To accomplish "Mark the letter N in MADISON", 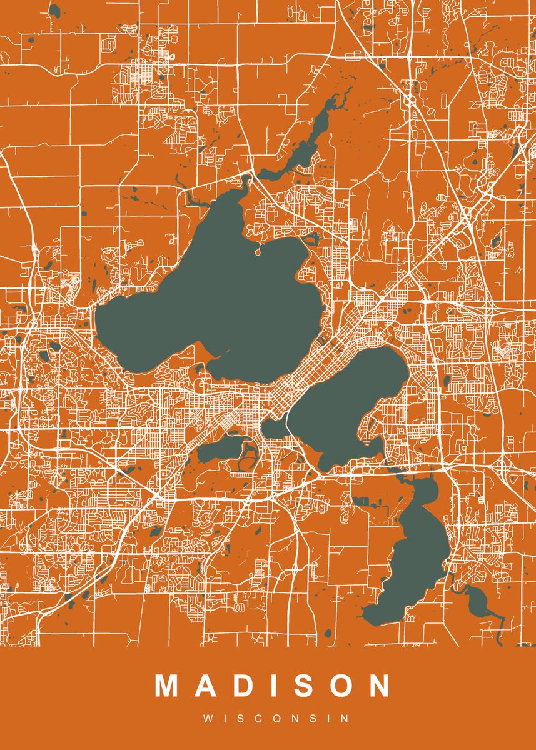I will coord(379,686).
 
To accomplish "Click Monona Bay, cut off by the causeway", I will coord(273,429).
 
